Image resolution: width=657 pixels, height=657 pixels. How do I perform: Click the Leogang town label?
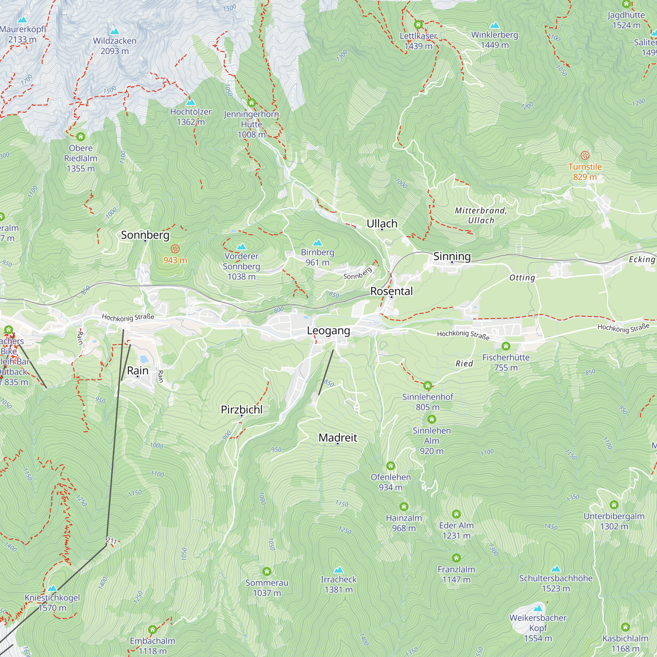click(328, 330)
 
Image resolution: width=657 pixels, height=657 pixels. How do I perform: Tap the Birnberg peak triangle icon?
click(317, 242)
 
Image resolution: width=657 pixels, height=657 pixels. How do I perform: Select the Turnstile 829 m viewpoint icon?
click(585, 155)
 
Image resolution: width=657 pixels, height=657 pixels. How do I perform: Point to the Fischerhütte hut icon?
click(506, 346)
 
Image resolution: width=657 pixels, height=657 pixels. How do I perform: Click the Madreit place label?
click(337, 437)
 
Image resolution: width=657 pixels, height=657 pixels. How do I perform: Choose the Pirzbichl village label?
click(241, 409)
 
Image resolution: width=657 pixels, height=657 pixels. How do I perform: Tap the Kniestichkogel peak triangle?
click(52, 588)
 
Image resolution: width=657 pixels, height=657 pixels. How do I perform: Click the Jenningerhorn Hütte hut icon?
click(251, 102)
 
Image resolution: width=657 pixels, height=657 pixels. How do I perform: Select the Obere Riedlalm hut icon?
click(80, 137)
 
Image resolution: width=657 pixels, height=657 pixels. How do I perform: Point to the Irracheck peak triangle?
click(338, 570)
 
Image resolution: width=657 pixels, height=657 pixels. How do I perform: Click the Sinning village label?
click(452, 256)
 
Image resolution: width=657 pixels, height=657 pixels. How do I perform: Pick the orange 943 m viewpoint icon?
click(175, 249)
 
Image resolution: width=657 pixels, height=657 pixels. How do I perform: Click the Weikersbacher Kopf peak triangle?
click(538, 608)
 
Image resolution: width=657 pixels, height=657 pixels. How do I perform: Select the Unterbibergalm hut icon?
click(614, 505)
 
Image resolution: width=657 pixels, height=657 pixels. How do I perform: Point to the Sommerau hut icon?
click(267, 571)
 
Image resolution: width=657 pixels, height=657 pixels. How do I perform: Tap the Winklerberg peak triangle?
click(494, 25)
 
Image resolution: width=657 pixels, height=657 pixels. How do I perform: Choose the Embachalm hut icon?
click(152, 629)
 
